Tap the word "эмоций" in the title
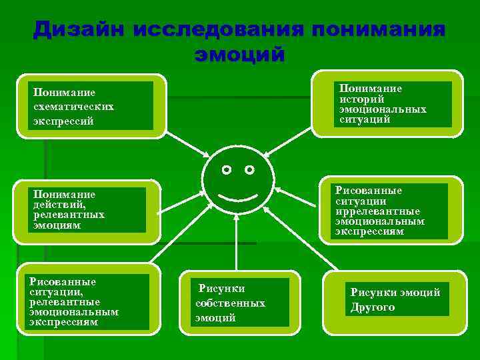point(239,53)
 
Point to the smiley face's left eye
point(227,170)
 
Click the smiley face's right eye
point(249,170)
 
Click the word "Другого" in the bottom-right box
point(373,307)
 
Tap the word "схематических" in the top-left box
point(74,107)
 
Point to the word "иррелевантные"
point(378,211)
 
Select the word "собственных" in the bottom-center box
point(230,303)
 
